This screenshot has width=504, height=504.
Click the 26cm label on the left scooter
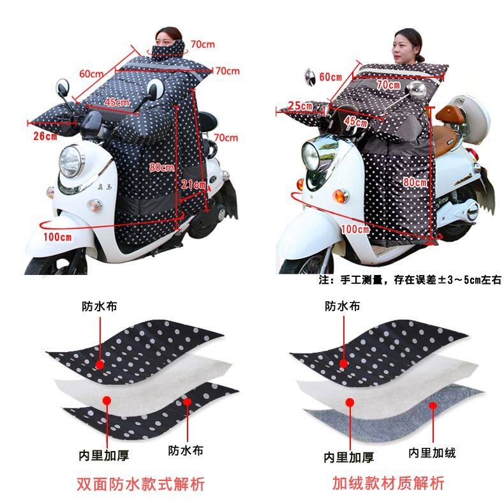(x=45, y=136)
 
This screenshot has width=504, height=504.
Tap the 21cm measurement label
(x=193, y=184)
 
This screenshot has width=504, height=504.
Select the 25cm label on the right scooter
(x=300, y=105)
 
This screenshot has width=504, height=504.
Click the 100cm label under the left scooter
(x=57, y=237)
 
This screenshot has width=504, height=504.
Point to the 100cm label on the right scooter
(x=355, y=229)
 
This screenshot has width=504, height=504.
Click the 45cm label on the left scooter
(x=117, y=102)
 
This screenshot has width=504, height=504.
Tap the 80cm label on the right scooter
(x=415, y=182)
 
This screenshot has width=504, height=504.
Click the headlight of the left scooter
(x=71, y=161)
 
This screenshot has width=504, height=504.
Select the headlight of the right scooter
(x=311, y=156)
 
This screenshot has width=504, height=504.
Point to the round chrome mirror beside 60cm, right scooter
(x=310, y=77)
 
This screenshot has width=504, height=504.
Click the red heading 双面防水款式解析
(x=140, y=484)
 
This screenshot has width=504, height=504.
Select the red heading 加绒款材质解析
(x=389, y=483)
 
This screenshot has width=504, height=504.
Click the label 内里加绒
(x=432, y=453)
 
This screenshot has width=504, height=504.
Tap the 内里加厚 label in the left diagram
(x=104, y=456)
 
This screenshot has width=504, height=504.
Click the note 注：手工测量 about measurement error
(x=410, y=280)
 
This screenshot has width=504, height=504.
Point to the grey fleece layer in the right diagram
(x=396, y=415)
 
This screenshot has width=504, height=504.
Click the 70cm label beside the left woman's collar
(x=203, y=44)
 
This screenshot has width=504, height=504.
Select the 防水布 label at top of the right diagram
(x=343, y=306)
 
